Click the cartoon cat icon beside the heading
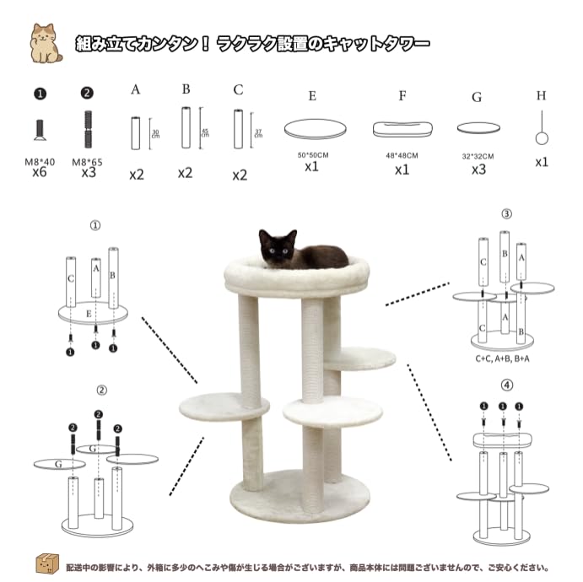point(46,43)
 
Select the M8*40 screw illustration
point(40,129)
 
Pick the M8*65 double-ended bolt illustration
point(86,129)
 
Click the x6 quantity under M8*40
point(40,172)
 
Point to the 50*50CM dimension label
point(312,156)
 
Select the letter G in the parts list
point(477,97)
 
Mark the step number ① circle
point(94,226)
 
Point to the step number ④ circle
point(506,385)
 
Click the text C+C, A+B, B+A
point(503,358)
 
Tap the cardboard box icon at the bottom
point(46,563)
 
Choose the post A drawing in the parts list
point(135,132)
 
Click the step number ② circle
point(101,391)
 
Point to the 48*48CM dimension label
point(402,156)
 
